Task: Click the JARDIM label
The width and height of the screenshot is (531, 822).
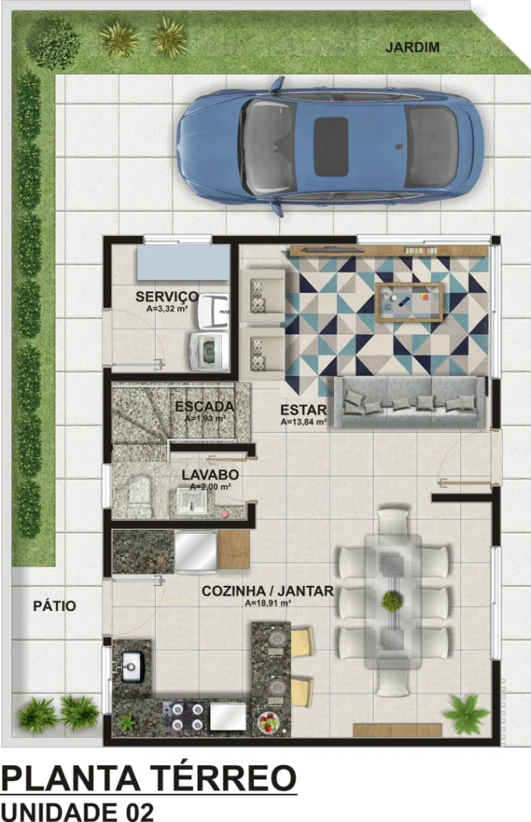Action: coord(412,47)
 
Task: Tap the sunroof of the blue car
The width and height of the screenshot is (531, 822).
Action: coord(330,146)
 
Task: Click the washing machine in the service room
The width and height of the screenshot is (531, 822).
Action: coord(210,351)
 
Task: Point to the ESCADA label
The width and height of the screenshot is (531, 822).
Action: coord(205,406)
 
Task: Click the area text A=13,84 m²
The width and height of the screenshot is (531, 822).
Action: coord(304,421)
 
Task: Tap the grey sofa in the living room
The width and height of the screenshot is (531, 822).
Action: coord(411,402)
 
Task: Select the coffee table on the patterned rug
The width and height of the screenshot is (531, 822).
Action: coord(409,302)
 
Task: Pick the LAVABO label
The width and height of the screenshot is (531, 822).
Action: coord(210,475)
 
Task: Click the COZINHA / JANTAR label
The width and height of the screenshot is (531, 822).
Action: coord(268,592)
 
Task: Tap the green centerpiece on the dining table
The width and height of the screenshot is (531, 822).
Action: coord(392,601)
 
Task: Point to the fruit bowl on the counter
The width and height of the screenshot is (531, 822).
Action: coord(269,722)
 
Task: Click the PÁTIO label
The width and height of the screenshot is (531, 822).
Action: coord(55,606)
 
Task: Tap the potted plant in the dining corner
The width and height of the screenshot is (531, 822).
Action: coord(467,714)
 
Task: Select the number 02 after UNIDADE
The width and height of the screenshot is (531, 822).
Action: coord(138,812)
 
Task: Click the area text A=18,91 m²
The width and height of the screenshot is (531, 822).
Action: coord(268,603)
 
